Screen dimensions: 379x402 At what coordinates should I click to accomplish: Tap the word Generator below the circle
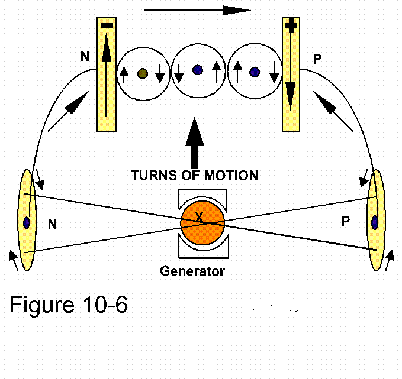tap(193, 271)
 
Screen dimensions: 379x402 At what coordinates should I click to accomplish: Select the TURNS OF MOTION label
tap(194, 175)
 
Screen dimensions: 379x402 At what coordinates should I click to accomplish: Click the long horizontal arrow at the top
tap(198, 10)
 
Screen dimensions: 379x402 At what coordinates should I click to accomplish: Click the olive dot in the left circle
tap(142, 74)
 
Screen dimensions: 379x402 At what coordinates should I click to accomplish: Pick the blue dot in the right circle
tap(255, 72)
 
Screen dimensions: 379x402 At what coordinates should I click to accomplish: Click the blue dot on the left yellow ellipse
tap(27, 223)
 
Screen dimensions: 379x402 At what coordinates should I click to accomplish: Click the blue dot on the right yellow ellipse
tap(374, 223)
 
